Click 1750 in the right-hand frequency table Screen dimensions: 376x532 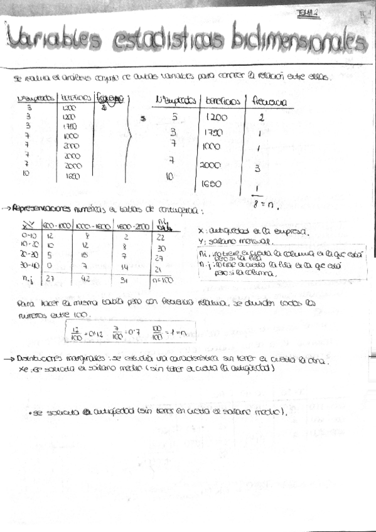pos(215,133)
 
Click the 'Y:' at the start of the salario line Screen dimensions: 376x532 pos(200,241)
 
